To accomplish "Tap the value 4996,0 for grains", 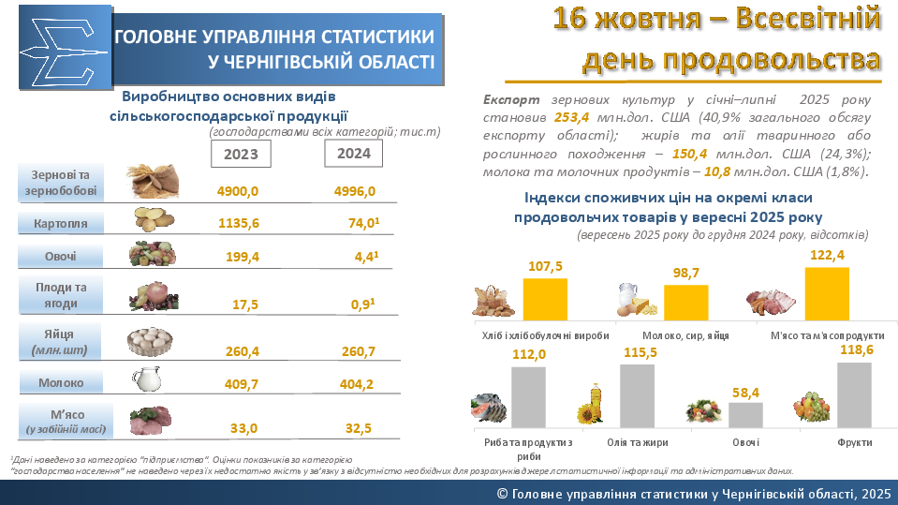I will coord(355,191).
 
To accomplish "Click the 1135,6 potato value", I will coord(238,224).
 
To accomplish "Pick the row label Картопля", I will coord(60,224).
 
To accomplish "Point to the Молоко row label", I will coord(61,382).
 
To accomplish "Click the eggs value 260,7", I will coord(355,351).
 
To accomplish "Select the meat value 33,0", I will coord(243,428).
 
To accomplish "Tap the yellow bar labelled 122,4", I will coord(827,294).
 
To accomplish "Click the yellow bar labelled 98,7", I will coord(685,303).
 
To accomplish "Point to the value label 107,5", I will coord(545,267).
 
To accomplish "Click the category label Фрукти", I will coord(855,441).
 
